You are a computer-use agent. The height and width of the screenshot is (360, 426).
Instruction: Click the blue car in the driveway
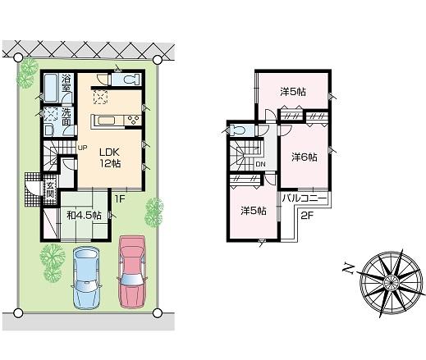[x=88, y=276]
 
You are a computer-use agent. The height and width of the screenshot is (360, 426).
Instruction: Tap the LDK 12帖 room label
[x=111, y=157]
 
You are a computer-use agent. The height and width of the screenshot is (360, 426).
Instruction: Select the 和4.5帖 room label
[x=83, y=215]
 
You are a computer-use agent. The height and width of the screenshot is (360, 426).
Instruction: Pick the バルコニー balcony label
[x=305, y=199]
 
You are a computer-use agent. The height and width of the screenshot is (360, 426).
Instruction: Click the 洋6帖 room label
[x=304, y=157]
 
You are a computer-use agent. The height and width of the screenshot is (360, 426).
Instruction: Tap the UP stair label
[x=82, y=148]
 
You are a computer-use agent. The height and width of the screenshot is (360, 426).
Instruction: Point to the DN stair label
[x=260, y=164]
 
